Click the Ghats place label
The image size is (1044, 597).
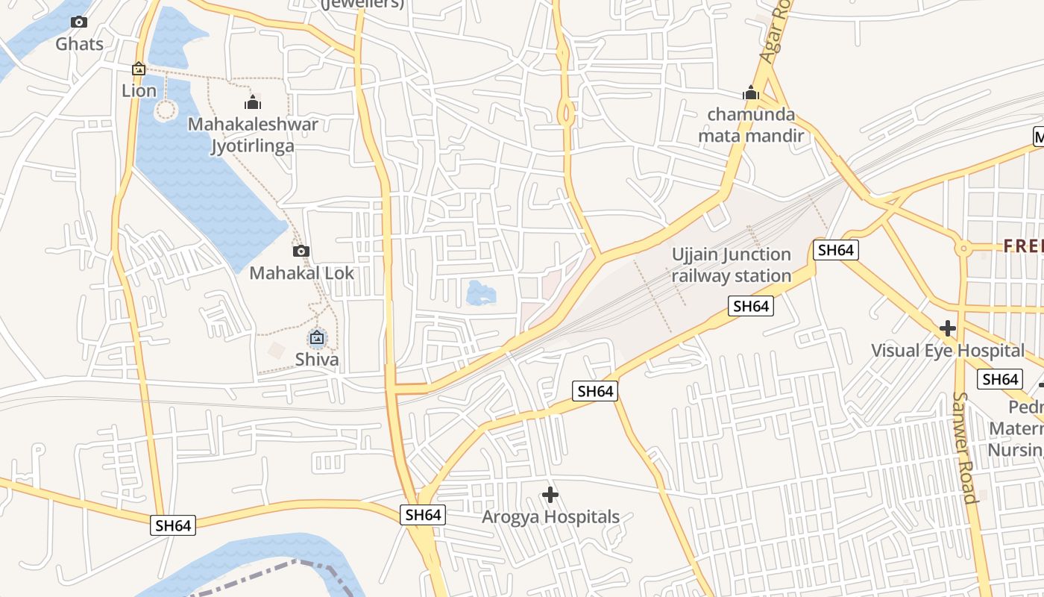(80, 44)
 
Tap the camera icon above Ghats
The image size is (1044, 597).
(79, 22)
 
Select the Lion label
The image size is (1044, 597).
(139, 91)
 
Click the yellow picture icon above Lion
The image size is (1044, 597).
(138, 69)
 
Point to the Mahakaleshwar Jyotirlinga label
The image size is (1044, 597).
(253, 135)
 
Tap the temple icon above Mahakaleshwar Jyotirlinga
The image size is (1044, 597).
(253, 102)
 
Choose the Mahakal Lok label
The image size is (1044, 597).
(301, 273)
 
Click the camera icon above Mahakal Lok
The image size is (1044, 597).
(301, 251)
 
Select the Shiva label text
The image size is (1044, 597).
(317, 360)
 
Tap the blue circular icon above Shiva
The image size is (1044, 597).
(317, 338)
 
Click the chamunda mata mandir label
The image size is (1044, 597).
(751, 125)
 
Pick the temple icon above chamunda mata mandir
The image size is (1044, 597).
(751, 93)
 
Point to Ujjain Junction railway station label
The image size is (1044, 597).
(732, 265)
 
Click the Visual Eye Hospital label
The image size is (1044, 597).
(948, 351)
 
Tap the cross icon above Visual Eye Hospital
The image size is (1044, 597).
(948, 328)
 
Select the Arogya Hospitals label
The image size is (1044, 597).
(550, 517)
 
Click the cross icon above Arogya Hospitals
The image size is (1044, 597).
(550, 495)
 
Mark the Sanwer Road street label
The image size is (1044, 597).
(965, 448)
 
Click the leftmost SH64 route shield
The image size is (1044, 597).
(174, 525)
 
